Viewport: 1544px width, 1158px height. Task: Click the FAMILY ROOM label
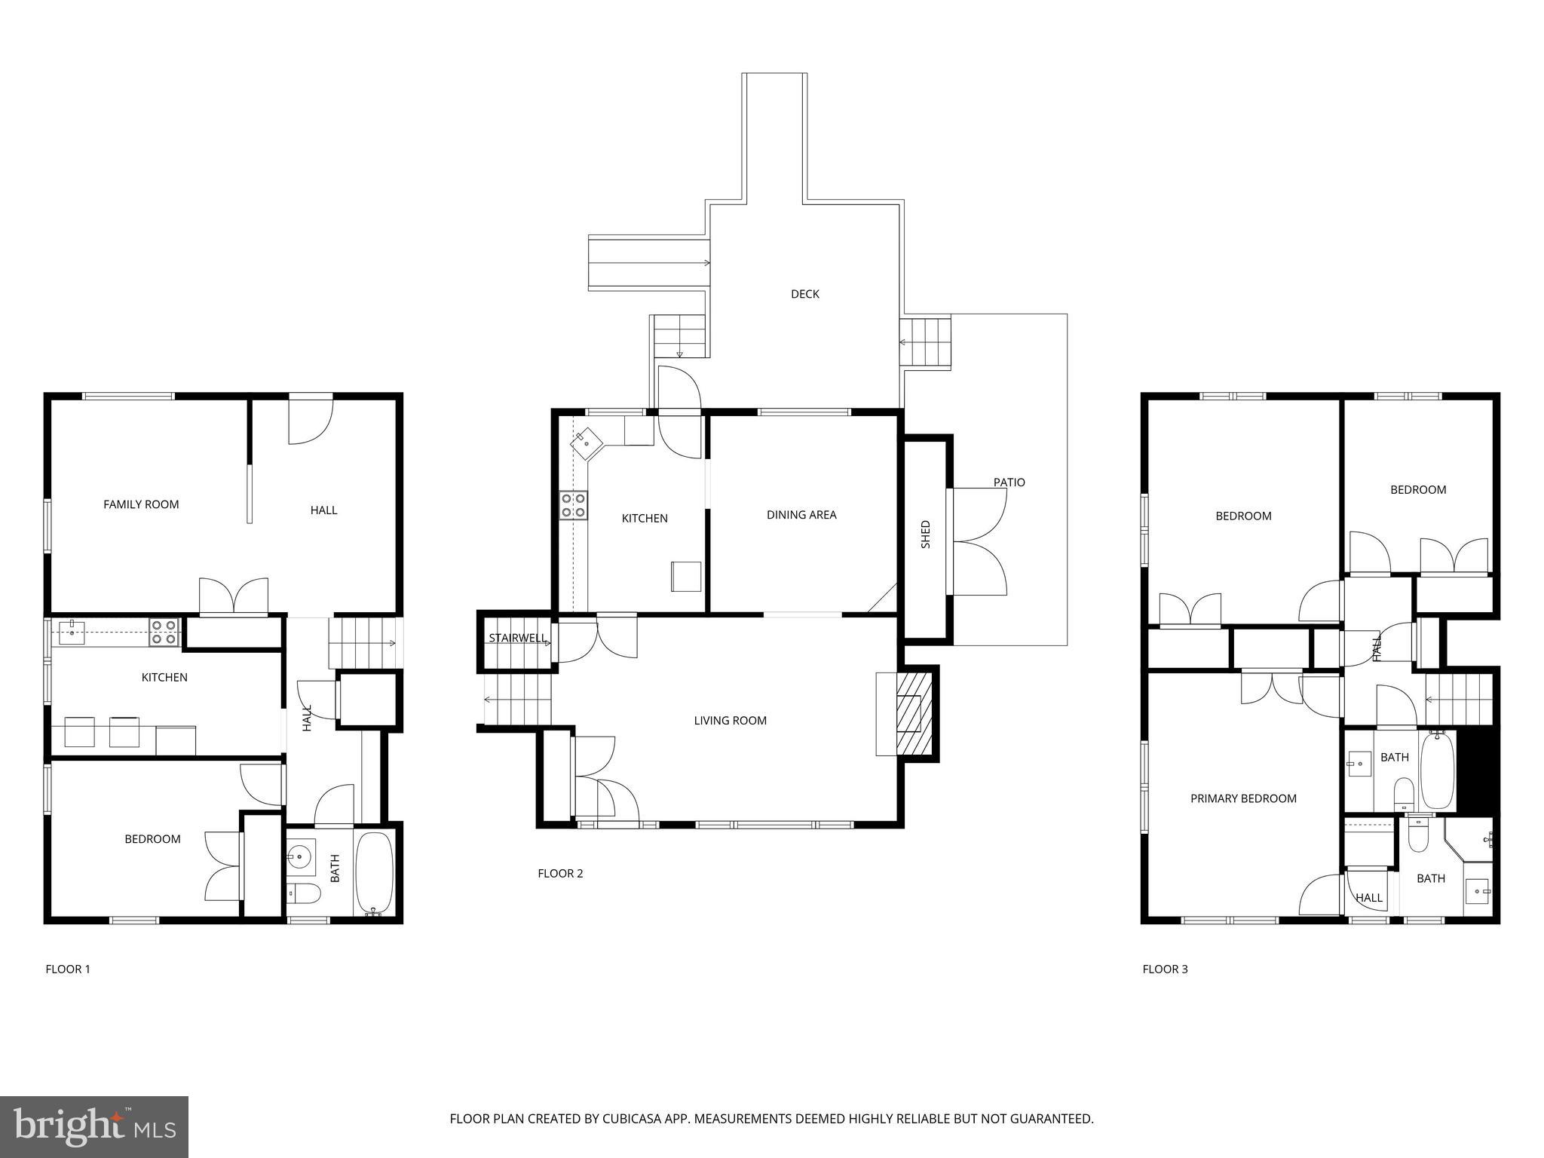tap(141, 504)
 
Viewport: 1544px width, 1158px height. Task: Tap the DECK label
tap(804, 294)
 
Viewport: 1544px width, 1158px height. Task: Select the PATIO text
tap(1009, 482)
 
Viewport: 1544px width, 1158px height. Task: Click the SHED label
tap(926, 534)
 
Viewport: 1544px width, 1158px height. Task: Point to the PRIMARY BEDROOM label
tap(1243, 798)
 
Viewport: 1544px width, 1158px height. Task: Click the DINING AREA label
tap(801, 515)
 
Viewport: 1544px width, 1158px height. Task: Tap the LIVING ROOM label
tap(730, 721)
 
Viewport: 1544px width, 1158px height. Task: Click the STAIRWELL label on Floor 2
tap(517, 639)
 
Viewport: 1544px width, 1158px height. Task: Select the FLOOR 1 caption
tap(68, 970)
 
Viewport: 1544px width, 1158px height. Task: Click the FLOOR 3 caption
tap(1165, 970)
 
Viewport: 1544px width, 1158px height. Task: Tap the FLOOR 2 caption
tap(560, 874)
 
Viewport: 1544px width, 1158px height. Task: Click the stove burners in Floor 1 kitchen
tap(164, 632)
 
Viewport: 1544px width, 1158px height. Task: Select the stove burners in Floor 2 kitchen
tap(573, 505)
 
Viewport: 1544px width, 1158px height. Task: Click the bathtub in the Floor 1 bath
tap(374, 872)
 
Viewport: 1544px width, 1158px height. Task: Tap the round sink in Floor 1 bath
tap(300, 856)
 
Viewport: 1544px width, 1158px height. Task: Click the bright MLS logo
tap(94, 1126)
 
